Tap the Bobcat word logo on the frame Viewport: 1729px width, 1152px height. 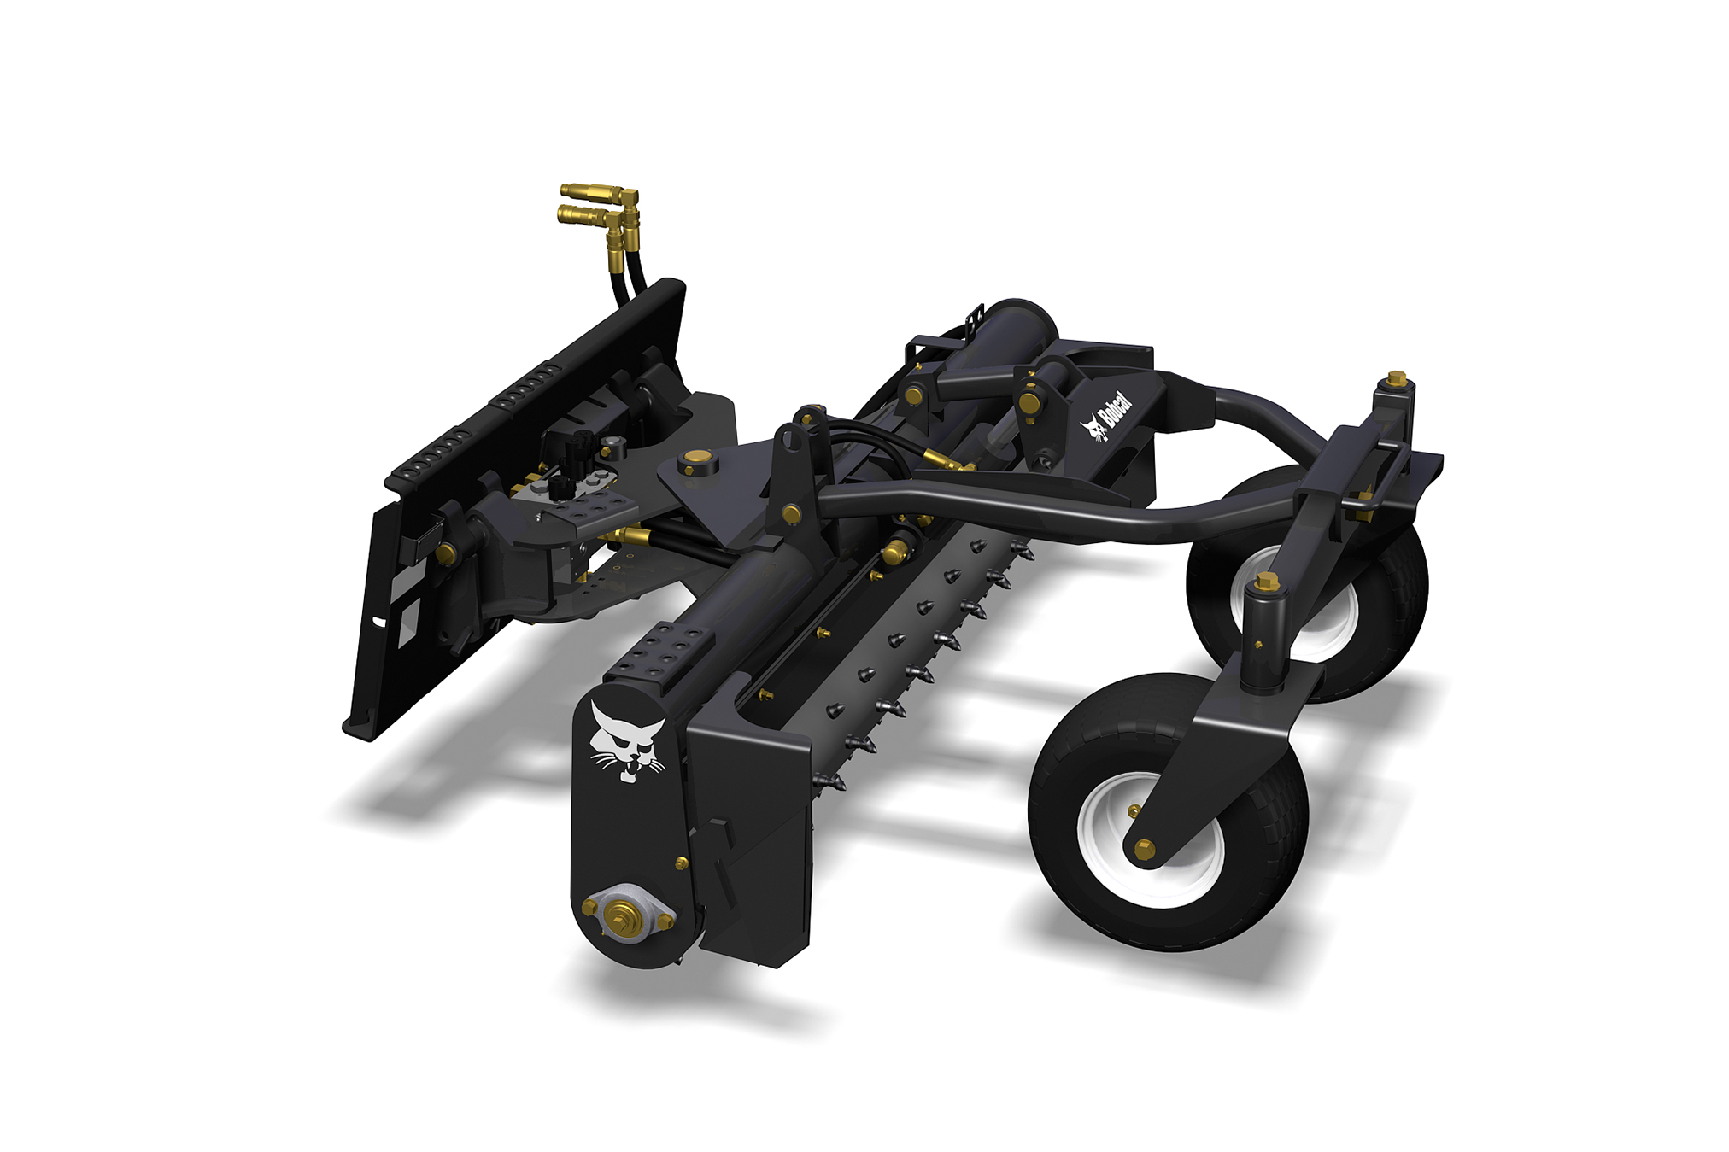1106,417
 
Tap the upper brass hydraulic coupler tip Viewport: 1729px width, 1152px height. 576,190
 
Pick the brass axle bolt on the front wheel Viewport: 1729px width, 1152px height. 1146,848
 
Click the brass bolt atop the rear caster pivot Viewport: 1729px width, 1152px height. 1396,377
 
